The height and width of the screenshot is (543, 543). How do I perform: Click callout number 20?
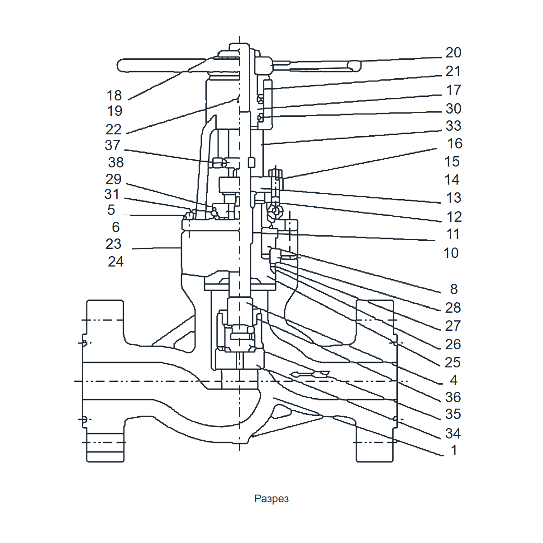pos(453,52)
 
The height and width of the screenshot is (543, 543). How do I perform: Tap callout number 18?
pos(114,95)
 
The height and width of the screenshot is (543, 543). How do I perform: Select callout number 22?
pos(113,129)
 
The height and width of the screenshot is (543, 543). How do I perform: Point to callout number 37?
pos(112,145)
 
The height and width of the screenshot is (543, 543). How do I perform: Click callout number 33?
pos(453,126)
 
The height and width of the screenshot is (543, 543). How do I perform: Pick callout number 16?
pos(455,144)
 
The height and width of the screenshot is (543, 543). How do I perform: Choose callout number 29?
pos(113,179)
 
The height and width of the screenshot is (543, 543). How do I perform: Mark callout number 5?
pos(111,210)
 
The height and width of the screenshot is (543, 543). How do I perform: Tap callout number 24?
pos(115,262)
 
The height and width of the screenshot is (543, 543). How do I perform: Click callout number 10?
pos(451,253)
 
